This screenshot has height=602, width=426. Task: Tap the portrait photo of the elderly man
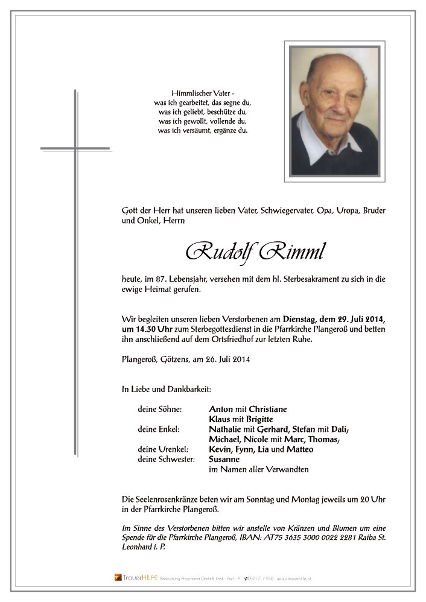tap(334, 111)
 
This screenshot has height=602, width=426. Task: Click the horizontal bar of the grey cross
tap(75, 148)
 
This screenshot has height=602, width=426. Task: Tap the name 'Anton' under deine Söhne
tap(221, 409)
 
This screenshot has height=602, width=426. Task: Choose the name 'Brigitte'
tap(258, 419)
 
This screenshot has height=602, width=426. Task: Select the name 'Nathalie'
tap(226, 429)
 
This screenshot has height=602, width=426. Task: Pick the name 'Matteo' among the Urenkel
tap(300, 449)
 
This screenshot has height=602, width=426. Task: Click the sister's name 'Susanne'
tap(224, 460)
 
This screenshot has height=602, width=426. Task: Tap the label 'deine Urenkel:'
tap(160, 449)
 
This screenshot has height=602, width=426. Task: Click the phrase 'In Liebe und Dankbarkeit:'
tap(167, 390)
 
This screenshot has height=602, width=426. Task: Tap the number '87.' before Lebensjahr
tap(160, 279)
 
